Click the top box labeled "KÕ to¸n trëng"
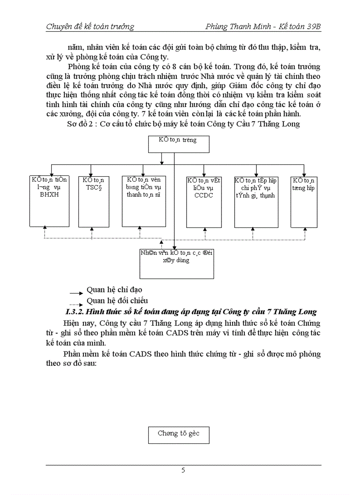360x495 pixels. tap(178, 144)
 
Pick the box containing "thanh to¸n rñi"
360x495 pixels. tap(146, 201)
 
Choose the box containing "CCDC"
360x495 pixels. tap(203, 201)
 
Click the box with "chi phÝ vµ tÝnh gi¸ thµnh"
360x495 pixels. tap(255, 201)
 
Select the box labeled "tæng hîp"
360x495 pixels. tap(304, 201)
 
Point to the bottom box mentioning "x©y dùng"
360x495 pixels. tap(176, 263)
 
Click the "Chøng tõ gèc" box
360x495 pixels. tap(178, 435)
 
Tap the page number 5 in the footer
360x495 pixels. tap(183, 470)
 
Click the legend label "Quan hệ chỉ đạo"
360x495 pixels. tap(114, 290)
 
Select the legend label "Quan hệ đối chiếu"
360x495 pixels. tap(117, 301)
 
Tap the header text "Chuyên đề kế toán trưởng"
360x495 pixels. tap(90, 27)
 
